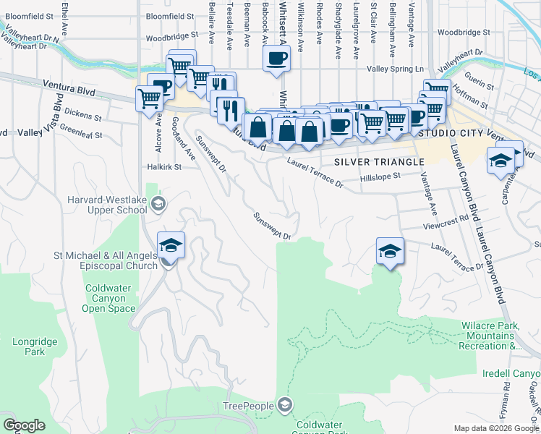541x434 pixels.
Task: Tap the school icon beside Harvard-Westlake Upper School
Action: tap(158, 205)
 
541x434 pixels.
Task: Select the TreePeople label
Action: tap(248, 406)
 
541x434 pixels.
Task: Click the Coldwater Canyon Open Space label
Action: tap(110, 298)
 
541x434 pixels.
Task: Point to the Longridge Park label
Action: tap(29, 346)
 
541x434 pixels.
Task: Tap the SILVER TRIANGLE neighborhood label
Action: tap(378, 162)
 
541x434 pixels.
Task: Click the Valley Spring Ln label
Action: tap(395, 69)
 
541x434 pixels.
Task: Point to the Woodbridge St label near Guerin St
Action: tap(464, 33)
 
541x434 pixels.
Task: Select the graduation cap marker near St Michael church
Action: tap(171, 245)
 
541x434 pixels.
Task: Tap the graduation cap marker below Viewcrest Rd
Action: tap(390, 250)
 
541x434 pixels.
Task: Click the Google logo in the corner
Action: tap(25, 425)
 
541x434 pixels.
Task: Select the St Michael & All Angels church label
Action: tap(106, 260)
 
